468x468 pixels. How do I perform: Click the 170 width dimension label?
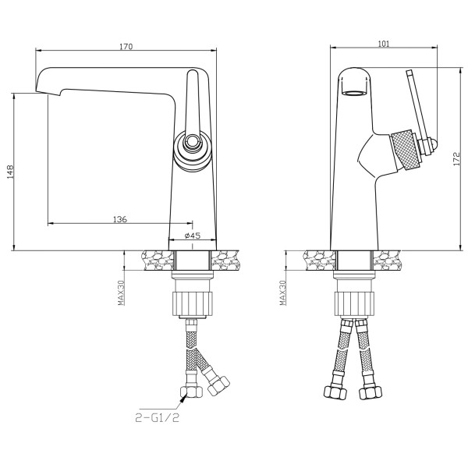point(126,47)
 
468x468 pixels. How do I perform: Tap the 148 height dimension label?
point(10,172)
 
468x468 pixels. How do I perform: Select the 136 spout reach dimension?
point(120,219)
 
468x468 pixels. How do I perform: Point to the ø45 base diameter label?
point(193,236)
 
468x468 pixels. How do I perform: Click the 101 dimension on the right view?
point(384,44)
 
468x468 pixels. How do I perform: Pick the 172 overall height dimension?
point(456,159)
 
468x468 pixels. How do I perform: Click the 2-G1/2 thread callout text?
point(158,417)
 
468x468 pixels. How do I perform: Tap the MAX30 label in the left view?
point(121,292)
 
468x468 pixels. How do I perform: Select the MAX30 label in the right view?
point(282,292)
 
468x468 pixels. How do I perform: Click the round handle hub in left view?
point(193,152)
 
